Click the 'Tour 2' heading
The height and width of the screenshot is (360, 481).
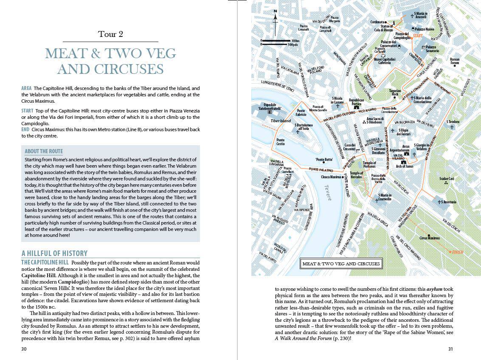[110, 34]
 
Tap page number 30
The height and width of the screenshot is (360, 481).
[24, 349]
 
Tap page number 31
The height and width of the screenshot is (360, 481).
[450, 349]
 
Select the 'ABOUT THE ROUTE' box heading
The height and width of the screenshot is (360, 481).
[44, 152]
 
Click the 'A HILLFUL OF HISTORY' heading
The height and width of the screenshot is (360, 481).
[54, 253]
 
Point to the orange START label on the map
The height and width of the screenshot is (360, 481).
[418, 36]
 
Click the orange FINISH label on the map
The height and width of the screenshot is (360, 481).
[457, 252]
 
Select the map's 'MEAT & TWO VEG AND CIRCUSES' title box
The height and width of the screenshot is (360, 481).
[340, 264]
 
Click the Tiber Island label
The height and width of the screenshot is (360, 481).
[281, 121]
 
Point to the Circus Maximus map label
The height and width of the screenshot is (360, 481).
[430, 238]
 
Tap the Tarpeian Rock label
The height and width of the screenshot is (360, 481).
[395, 93]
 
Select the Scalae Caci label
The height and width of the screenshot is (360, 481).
[446, 179]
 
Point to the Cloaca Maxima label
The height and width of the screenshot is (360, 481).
[331, 177]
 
